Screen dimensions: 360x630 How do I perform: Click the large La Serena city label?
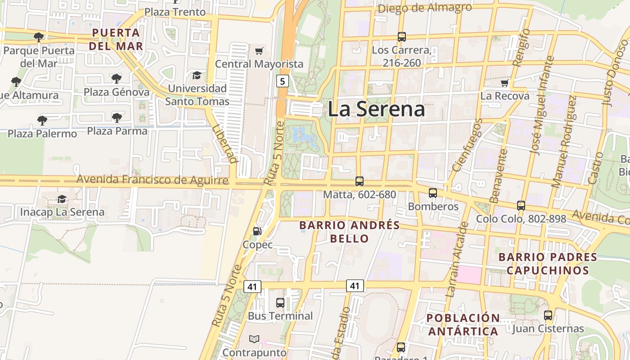pyautogui.click(x=376, y=109)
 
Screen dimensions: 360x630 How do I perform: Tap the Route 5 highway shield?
pyautogui.click(x=282, y=81)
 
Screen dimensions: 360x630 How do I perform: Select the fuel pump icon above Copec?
pyautogui.click(x=257, y=231)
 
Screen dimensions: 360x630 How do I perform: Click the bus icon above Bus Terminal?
pyautogui.click(x=280, y=302)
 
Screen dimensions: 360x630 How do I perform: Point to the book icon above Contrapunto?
pyautogui.click(x=254, y=339)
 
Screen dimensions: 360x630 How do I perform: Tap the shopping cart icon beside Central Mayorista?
pyautogui.click(x=259, y=51)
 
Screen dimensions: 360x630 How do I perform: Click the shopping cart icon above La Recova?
pyautogui.click(x=504, y=83)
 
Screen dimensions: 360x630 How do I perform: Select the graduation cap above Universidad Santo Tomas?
pyautogui.click(x=197, y=75)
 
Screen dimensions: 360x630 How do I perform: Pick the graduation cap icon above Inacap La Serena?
pyautogui.click(x=62, y=199)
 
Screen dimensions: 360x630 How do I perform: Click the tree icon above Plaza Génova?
pyautogui.click(x=116, y=79)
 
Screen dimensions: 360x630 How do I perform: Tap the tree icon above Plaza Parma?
pyautogui.click(x=117, y=118)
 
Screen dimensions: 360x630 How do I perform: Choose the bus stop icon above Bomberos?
pyautogui.click(x=433, y=193)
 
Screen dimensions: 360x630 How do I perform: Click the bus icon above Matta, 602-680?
pyautogui.click(x=360, y=181)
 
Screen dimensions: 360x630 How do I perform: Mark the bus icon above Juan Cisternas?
pyautogui.click(x=548, y=315)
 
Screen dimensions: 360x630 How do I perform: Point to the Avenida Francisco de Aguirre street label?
pyautogui.click(x=153, y=180)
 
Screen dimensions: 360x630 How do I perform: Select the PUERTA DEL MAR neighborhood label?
pyautogui.click(x=116, y=39)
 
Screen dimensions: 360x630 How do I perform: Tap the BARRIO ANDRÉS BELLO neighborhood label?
pyautogui.click(x=350, y=231)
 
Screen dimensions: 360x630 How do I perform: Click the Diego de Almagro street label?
pyautogui.click(x=425, y=8)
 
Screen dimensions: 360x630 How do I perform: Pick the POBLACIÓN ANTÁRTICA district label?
pyautogui.click(x=463, y=324)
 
